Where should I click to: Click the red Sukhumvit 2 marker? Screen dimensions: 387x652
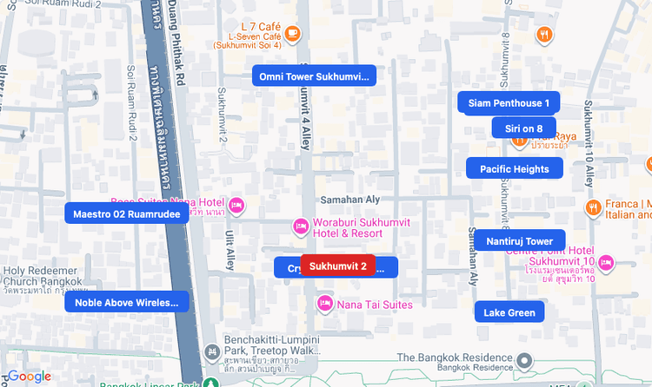click(x=337, y=266)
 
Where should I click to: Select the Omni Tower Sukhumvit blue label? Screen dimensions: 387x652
click(x=314, y=76)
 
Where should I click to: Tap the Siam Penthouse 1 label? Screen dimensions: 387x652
click(x=509, y=102)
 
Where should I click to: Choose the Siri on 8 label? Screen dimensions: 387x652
click(x=523, y=128)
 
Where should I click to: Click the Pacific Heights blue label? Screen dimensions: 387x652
click(x=515, y=168)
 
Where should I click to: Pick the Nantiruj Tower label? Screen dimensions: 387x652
click(x=520, y=240)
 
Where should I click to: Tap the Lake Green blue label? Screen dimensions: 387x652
click(x=509, y=312)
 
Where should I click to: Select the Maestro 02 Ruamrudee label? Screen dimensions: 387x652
click(x=127, y=213)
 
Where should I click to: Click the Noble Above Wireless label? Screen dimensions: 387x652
click(x=126, y=302)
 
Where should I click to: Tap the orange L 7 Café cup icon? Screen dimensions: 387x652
click(x=292, y=33)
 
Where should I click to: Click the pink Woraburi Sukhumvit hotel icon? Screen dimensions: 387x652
click(x=300, y=226)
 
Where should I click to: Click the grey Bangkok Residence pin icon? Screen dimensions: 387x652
click(x=524, y=360)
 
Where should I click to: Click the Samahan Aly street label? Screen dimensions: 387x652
click(x=351, y=200)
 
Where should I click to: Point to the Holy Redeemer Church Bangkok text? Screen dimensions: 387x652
click(x=43, y=275)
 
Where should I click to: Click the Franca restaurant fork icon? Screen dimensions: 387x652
click(x=592, y=207)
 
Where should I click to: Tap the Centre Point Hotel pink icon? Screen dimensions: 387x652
click(x=606, y=262)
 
